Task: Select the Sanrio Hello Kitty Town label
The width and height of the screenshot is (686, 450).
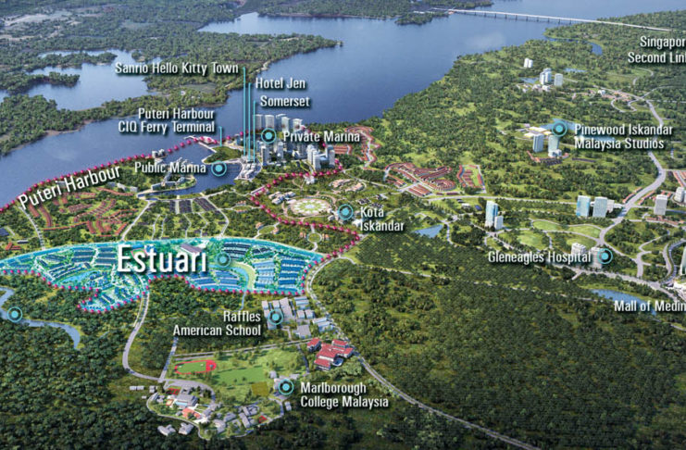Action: click(x=176, y=69)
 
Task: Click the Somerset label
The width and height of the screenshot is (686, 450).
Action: click(x=282, y=100)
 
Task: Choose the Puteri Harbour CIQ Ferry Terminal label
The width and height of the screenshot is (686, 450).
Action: click(x=176, y=121)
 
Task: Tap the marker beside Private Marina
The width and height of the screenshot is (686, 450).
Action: click(x=268, y=136)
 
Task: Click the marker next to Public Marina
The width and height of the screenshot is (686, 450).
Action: click(x=218, y=169)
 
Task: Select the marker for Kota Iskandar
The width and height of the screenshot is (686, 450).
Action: click(x=345, y=212)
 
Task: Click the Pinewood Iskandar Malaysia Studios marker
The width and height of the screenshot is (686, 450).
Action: click(x=559, y=129)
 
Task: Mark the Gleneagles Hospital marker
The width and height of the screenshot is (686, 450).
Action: click(x=605, y=256)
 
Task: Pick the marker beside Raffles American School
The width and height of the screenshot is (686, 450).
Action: click(x=275, y=318)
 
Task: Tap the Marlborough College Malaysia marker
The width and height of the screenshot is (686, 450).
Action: click(x=286, y=388)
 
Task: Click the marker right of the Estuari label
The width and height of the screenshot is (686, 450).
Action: click(x=223, y=260)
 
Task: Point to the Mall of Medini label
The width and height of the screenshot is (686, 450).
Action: click(x=649, y=306)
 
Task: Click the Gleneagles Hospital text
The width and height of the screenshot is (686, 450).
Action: click(x=542, y=256)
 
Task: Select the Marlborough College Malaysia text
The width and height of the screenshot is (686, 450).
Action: click(x=344, y=394)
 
